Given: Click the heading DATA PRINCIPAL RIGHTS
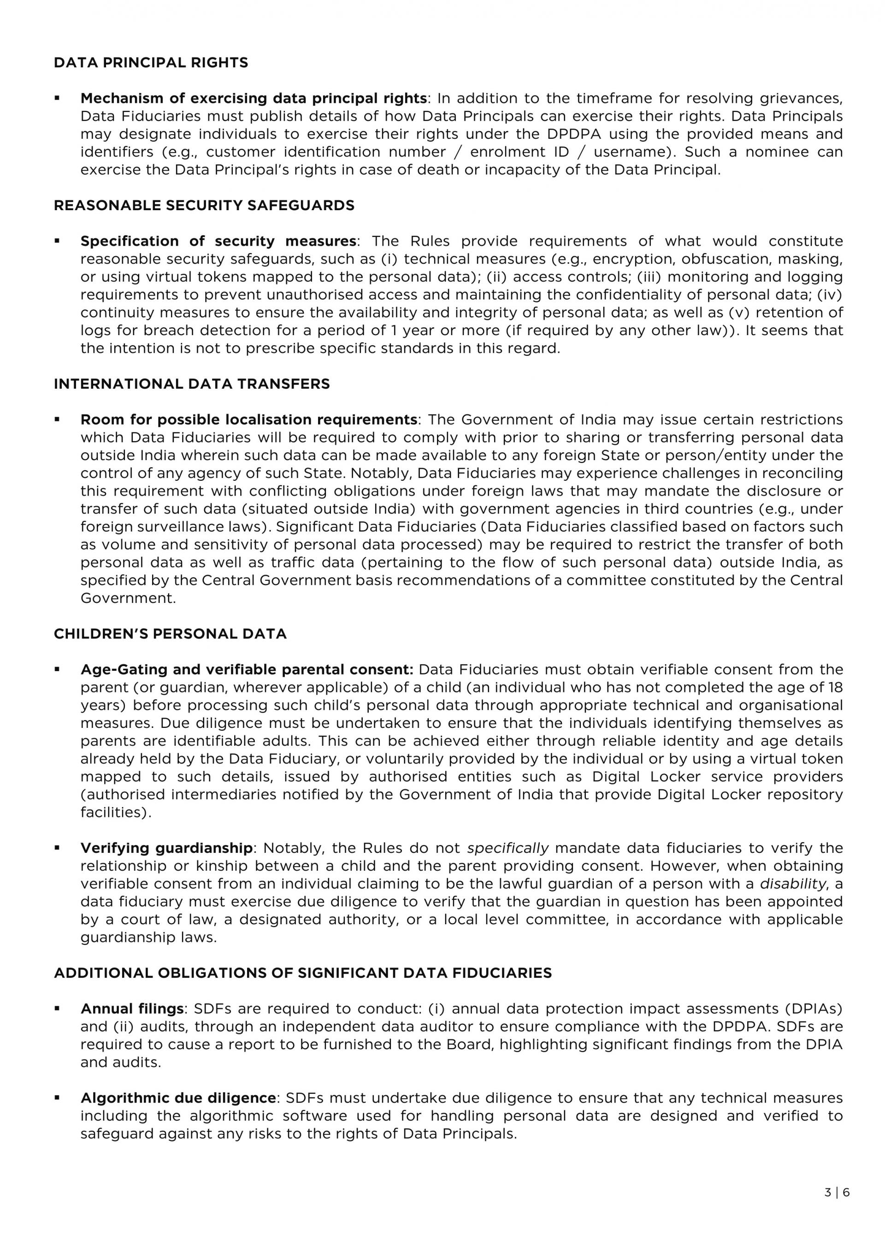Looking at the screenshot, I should click(151, 63).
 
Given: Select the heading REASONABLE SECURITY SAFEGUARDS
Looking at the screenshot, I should click(204, 206).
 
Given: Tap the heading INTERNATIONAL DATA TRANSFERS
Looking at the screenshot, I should click(191, 384).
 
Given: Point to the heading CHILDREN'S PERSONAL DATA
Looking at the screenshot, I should click(170, 634).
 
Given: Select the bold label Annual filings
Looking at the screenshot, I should click(132, 1009).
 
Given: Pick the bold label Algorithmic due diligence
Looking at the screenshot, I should click(178, 1098).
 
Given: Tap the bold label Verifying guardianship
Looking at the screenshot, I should click(166, 848).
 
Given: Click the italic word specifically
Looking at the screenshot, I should click(507, 848).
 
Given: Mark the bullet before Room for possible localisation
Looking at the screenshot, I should click(57, 419).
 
